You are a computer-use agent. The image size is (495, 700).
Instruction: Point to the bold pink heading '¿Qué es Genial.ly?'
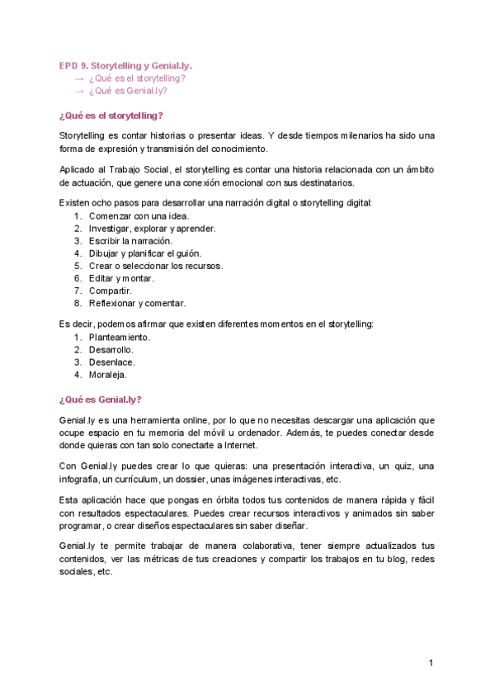pos(100,399)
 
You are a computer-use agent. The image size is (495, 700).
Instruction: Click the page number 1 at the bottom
pos(431,663)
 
